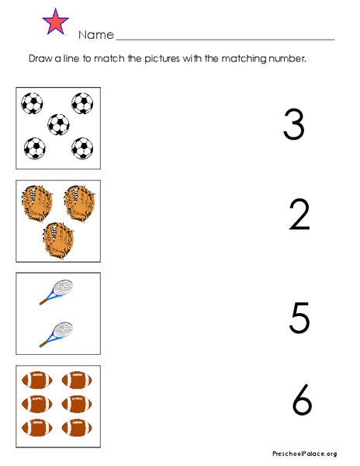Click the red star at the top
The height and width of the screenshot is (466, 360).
tap(57, 22)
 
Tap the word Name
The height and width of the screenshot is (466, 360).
tap(95, 36)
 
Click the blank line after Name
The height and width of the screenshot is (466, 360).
tap(225, 37)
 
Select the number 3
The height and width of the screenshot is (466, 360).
tap(293, 124)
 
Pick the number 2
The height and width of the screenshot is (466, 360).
tap(299, 215)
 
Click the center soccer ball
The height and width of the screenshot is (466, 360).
tap(58, 123)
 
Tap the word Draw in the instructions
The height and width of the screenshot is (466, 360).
tap(40, 58)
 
